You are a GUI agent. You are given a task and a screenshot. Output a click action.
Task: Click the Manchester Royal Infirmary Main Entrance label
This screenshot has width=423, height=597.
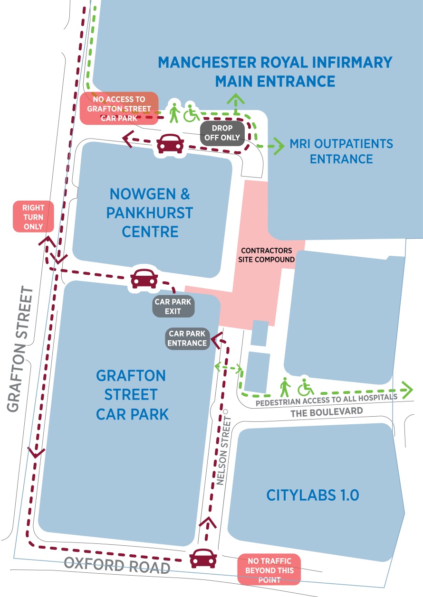tap(275, 72)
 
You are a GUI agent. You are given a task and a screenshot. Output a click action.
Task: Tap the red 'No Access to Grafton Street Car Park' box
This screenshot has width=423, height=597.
tap(119, 108)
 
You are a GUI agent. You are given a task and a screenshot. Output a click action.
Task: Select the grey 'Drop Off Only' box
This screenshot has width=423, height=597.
tap(222, 133)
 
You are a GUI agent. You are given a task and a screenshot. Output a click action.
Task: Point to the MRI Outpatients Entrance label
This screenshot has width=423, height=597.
tap(341, 151)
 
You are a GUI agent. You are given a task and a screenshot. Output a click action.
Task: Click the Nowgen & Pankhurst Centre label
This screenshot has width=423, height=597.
tap(150, 213)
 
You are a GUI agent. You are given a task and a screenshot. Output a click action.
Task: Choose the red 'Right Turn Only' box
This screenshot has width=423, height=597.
tap(33, 217)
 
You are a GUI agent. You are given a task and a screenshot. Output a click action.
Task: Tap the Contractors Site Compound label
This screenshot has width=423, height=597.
tap(268, 255)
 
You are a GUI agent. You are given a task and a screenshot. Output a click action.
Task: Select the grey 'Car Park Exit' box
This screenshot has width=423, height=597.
tap(173, 307)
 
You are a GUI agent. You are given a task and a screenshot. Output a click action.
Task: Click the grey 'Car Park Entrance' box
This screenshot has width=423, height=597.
tap(188, 338)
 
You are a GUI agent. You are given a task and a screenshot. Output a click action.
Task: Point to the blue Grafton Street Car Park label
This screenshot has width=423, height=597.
tap(132, 395)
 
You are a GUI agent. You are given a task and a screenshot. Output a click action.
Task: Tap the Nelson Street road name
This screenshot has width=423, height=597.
tap(225, 451)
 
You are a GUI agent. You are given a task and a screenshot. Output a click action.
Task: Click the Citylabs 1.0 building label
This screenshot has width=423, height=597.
tap(312, 495)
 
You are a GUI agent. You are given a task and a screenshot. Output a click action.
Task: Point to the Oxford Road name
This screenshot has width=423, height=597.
tap(117, 566)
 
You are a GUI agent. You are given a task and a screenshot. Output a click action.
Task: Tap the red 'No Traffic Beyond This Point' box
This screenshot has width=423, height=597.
tap(269, 569)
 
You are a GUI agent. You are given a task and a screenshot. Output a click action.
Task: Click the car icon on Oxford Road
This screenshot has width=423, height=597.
tap(203, 559)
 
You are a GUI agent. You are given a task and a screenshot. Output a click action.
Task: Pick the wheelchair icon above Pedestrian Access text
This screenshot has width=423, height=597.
tap(306, 388)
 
